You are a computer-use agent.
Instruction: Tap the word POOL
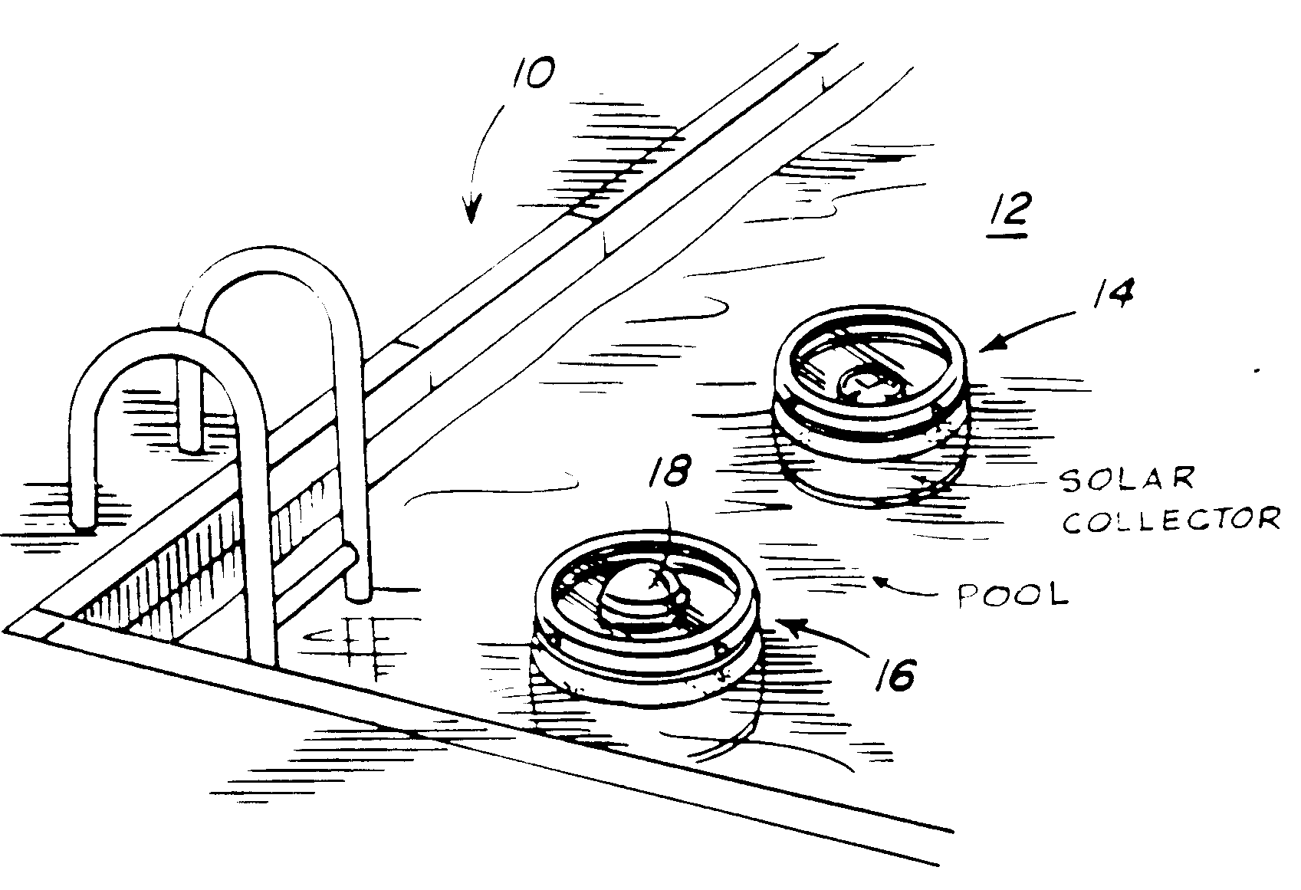point(1013,594)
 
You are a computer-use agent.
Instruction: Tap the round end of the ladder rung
point(352,553)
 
